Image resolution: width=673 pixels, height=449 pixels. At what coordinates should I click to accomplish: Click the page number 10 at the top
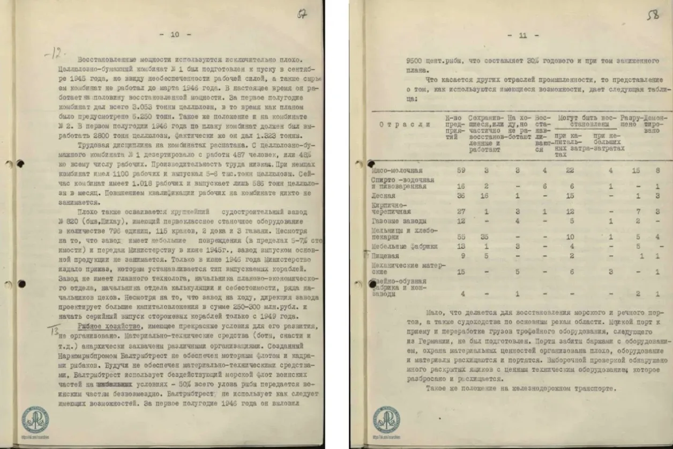(175, 34)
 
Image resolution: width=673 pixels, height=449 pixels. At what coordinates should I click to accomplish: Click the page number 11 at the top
(522, 36)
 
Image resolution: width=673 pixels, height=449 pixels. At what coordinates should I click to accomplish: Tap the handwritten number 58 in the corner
(653, 16)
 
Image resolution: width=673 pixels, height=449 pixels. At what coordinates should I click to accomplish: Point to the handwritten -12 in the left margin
(55, 53)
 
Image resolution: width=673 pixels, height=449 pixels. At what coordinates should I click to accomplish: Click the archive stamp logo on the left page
(35, 419)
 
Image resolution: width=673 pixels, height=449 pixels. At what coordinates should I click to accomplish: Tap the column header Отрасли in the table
(405, 124)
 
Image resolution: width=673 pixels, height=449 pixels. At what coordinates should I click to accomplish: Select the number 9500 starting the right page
(416, 61)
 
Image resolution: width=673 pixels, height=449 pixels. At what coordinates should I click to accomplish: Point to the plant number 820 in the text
(83, 221)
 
